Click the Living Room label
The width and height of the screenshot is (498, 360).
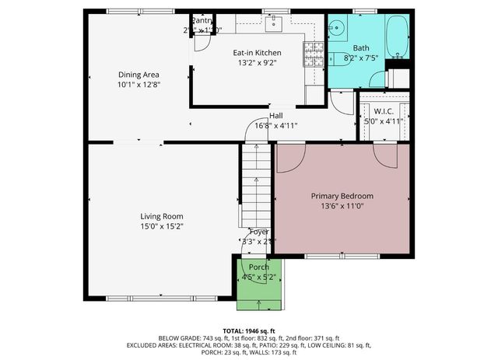(161, 216)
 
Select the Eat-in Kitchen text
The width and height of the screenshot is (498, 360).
(257, 53)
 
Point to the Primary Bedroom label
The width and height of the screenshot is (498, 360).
(342, 196)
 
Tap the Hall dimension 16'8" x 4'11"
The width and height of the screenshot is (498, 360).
(276, 125)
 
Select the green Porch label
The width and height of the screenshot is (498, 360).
(259, 267)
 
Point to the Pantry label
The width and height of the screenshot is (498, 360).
(202, 21)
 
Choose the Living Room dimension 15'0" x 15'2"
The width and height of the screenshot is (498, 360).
(161, 226)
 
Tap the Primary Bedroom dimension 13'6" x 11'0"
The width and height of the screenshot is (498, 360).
(342, 206)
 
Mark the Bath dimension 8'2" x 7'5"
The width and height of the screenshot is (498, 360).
(360, 58)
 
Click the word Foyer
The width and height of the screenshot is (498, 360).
(258, 232)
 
